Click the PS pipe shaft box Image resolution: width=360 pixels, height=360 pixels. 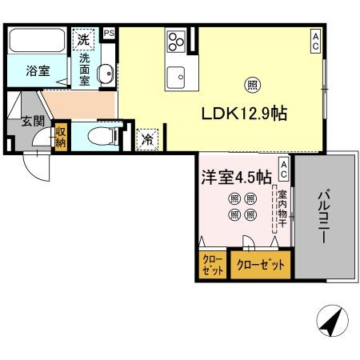(109, 33)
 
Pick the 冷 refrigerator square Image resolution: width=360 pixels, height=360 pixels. (147, 138)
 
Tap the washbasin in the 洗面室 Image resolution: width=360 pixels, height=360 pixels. (105, 74)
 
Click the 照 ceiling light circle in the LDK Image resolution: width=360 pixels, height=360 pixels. (251, 84)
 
